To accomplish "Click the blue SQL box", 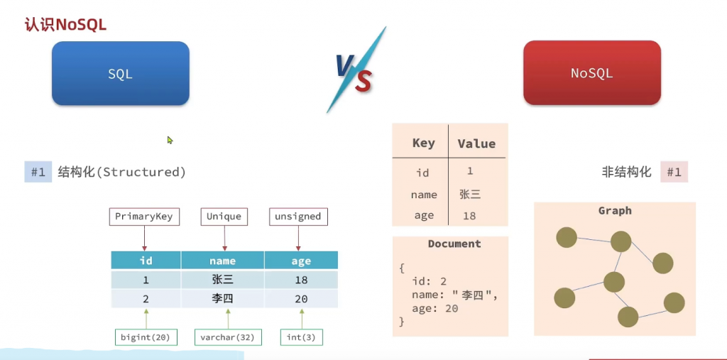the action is (121, 73).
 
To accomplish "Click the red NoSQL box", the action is (592, 73).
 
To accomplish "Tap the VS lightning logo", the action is (355, 70).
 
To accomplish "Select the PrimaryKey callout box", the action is (143, 217).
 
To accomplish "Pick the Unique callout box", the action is (224, 217).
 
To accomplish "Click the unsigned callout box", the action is (297, 217).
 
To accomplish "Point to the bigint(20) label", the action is (146, 337).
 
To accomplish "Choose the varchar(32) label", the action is (228, 337).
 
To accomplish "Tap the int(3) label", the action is (301, 337).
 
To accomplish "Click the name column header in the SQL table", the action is (222, 261).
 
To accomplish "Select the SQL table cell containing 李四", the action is (222, 299).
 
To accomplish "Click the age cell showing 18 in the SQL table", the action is (301, 280).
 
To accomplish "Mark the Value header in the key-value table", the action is (476, 144).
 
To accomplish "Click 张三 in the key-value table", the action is (470, 195).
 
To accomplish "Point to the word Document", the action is (454, 244).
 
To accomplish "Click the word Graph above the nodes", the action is (615, 211).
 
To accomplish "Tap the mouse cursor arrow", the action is (170, 140).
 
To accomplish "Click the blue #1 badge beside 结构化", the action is (38, 172).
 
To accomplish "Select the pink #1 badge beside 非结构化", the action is (674, 172).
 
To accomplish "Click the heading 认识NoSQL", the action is (65, 25).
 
